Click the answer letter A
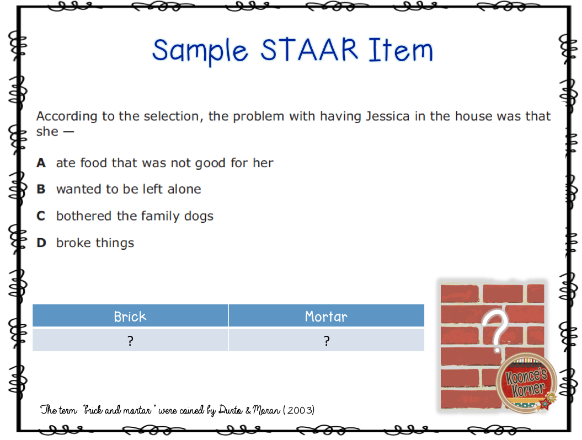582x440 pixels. (41, 163)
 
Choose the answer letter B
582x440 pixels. (41, 189)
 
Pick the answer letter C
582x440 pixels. (41, 216)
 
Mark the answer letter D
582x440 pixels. (41, 243)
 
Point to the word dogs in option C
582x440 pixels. (199, 216)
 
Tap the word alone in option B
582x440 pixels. (183, 189)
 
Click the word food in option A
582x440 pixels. (94, 163)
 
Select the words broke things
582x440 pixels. (95, 243)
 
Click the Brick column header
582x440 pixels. (130, 316)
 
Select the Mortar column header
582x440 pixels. (326, 316)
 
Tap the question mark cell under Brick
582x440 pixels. (130, 341)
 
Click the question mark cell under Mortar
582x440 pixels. (326, 341)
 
